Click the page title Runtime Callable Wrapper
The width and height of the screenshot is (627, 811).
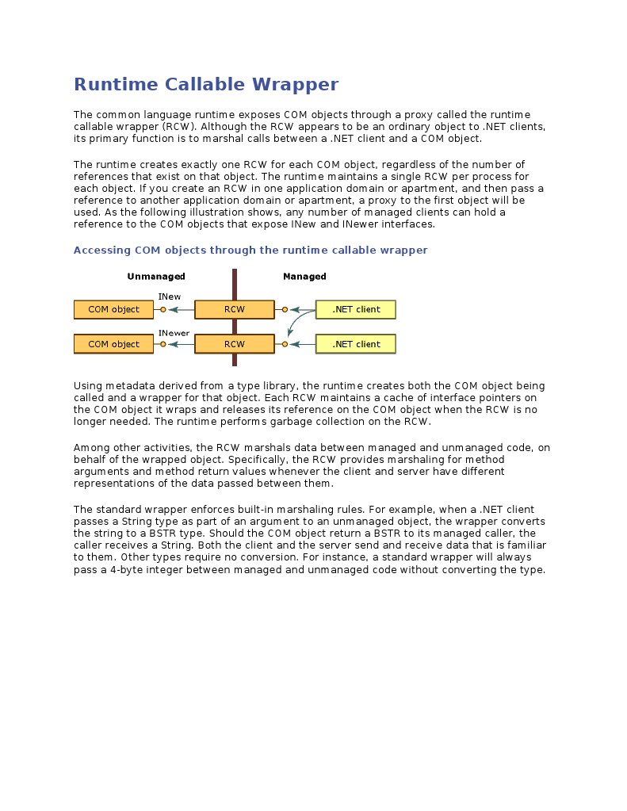coord(205,84)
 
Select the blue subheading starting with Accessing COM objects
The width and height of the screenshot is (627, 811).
coord(250,250)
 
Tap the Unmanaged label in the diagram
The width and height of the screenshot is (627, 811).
coord(156,277)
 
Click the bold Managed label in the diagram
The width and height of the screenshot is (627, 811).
coord(304,277)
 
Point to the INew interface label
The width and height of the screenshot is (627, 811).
coord(169,296)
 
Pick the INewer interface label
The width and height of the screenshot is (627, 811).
coord(174,333)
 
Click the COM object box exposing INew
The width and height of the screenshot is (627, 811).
coord(113,309)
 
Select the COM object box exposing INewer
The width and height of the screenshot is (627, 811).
coord(113,344)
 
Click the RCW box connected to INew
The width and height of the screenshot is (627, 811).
coord(234,309)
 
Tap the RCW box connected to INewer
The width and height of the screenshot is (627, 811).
coord(234,344)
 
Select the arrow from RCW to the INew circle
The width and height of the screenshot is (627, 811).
coord(182,309)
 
